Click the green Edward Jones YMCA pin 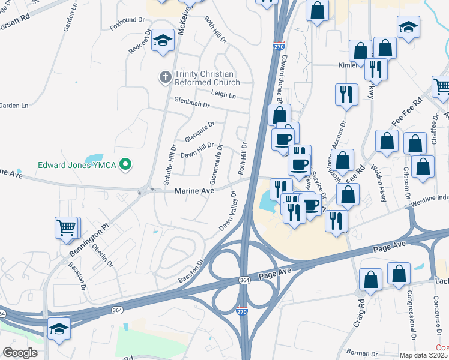coord(125,164)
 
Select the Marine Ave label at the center coord(194,191)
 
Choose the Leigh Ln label coord(223,94)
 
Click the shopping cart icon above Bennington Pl coord(67,227)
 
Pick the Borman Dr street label coord(358,353)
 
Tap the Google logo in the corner coord(20,353)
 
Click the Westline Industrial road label coord(427,199)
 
